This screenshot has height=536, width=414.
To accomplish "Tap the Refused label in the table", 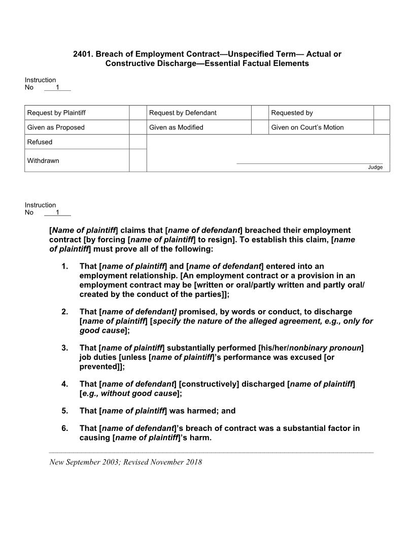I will pos(40,142).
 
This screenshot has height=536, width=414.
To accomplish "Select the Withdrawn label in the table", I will pos(43,161).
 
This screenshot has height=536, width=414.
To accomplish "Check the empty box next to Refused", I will pos(137,142).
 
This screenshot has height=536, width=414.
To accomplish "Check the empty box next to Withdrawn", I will pos(137,160).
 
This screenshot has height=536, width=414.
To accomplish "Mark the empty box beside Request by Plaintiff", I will pos(137,113).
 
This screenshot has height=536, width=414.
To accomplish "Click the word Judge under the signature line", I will pos(375,167).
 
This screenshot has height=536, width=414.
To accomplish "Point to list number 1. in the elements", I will pos(64,266).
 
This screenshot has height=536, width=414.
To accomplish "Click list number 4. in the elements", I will pos(64,384).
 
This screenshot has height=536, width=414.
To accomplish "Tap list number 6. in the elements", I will pos(64,428).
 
